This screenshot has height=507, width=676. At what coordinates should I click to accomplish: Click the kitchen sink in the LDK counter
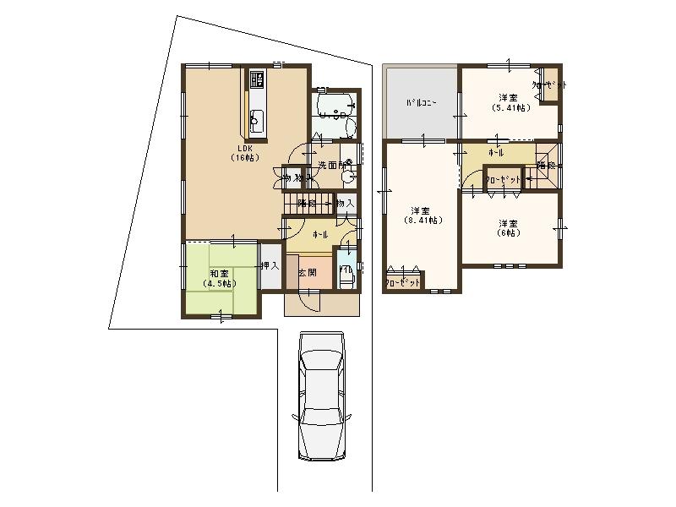[x=258, y=119]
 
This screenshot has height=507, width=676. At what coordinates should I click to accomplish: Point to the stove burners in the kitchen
[x=258, y=82]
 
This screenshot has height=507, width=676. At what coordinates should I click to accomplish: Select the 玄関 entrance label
[x=307, y=273]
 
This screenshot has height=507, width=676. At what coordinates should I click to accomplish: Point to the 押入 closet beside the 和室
[x=269, y=265]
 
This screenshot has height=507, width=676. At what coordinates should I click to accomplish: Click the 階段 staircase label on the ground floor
[x=306, y=203]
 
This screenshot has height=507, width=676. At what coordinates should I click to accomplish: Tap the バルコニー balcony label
[x=420, y=103]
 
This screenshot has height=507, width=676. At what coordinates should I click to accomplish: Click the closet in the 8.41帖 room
[x=403, y=282]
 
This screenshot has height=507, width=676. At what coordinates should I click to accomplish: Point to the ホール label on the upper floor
[x=496, y=153]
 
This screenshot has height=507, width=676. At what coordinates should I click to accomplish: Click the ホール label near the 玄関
[x=320, y=233]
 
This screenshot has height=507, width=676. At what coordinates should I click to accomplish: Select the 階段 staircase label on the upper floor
[x=546, y=166]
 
